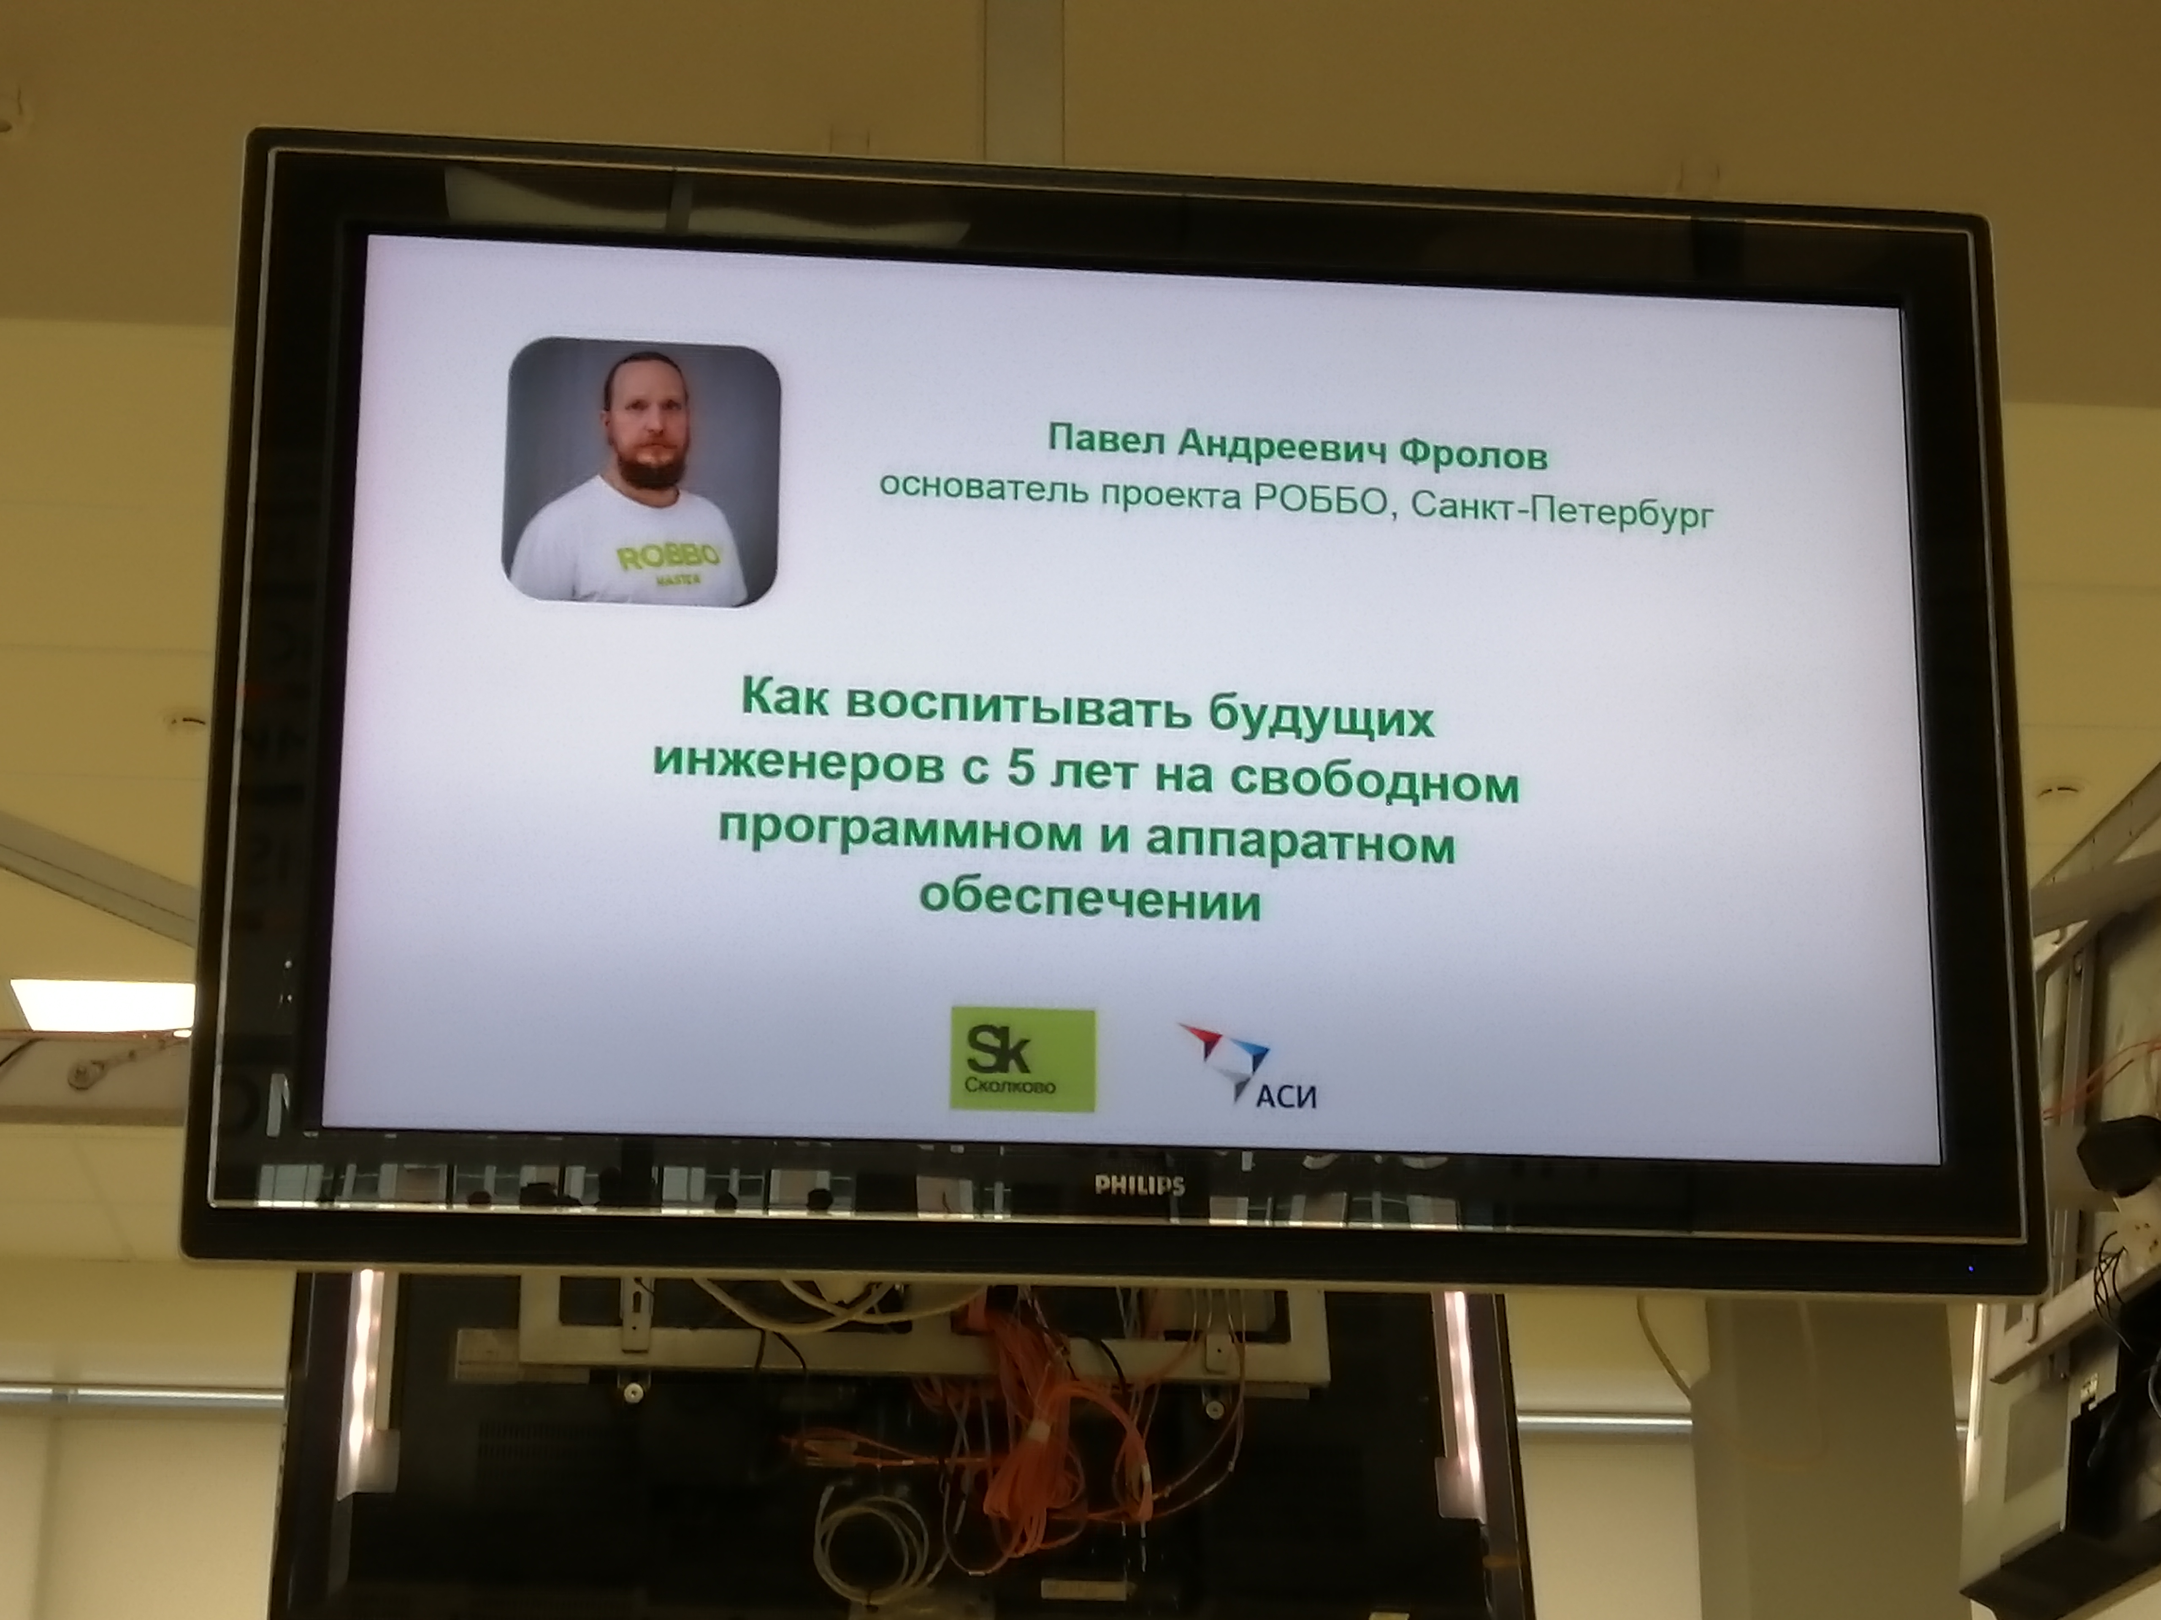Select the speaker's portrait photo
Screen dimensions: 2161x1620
coord(641,472)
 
